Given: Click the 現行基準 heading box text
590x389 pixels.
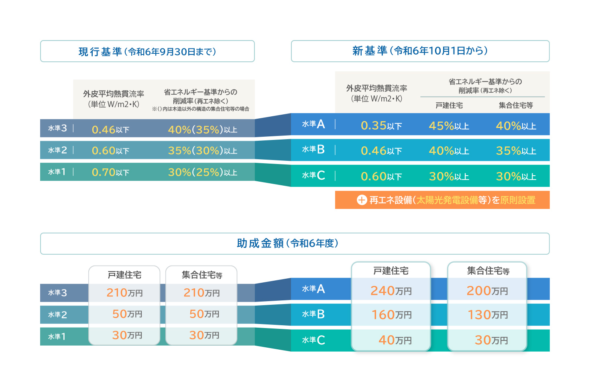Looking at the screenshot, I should (147, 52).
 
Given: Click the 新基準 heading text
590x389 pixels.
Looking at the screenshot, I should (420, 51).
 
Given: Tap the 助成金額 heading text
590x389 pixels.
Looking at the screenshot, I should (287, 243).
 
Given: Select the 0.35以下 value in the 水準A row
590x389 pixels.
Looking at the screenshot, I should (381, 126).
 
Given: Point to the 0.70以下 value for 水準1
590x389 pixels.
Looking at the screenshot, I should (110, 172).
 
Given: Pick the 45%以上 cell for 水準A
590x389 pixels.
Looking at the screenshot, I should (449, 126).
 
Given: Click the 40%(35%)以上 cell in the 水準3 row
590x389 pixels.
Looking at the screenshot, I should (203, 130).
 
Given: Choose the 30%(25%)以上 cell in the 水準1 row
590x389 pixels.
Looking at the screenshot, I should (203, 172).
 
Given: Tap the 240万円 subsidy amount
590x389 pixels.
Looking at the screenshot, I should (391, 291).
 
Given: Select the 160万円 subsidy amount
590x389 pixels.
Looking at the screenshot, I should (391, 315).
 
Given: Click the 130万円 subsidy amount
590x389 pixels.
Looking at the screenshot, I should (488, 315).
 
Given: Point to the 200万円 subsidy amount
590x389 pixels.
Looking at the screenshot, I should (487, 291).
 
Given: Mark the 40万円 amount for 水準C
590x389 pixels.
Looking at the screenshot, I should (395, 340).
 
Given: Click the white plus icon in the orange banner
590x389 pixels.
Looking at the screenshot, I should (362, 200).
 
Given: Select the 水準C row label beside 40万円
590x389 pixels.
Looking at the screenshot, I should (313, 340).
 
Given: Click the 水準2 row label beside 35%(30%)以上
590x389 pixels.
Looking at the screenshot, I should (57, 150).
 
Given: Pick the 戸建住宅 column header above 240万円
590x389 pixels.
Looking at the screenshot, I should (391, 271).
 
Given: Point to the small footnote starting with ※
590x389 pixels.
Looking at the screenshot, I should (201, 109).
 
